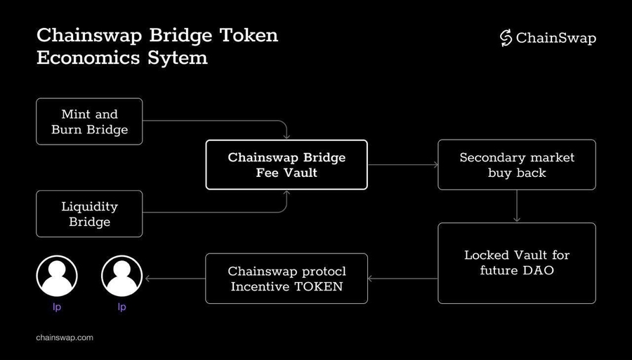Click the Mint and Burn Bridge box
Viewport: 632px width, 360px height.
89,121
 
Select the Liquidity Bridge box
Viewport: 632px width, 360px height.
89,214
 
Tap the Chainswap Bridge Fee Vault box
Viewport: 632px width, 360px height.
287,164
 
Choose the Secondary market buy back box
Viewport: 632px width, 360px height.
517,164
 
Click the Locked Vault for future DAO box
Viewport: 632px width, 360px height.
517,262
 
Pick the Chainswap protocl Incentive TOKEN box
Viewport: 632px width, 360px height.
287,279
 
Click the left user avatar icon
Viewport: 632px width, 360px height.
57,276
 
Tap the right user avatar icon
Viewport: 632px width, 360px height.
122,276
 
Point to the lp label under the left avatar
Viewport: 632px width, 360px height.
57,307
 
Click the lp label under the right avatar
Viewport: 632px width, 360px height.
122,307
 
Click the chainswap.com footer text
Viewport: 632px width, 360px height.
65,338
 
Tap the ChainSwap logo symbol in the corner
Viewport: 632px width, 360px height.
506,38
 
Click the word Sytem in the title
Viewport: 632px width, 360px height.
179,58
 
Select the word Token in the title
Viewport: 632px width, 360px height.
251,34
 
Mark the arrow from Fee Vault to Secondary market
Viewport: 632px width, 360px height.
402,164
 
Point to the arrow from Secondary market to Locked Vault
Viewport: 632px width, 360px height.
517,206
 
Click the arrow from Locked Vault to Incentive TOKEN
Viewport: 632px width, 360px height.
402,279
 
